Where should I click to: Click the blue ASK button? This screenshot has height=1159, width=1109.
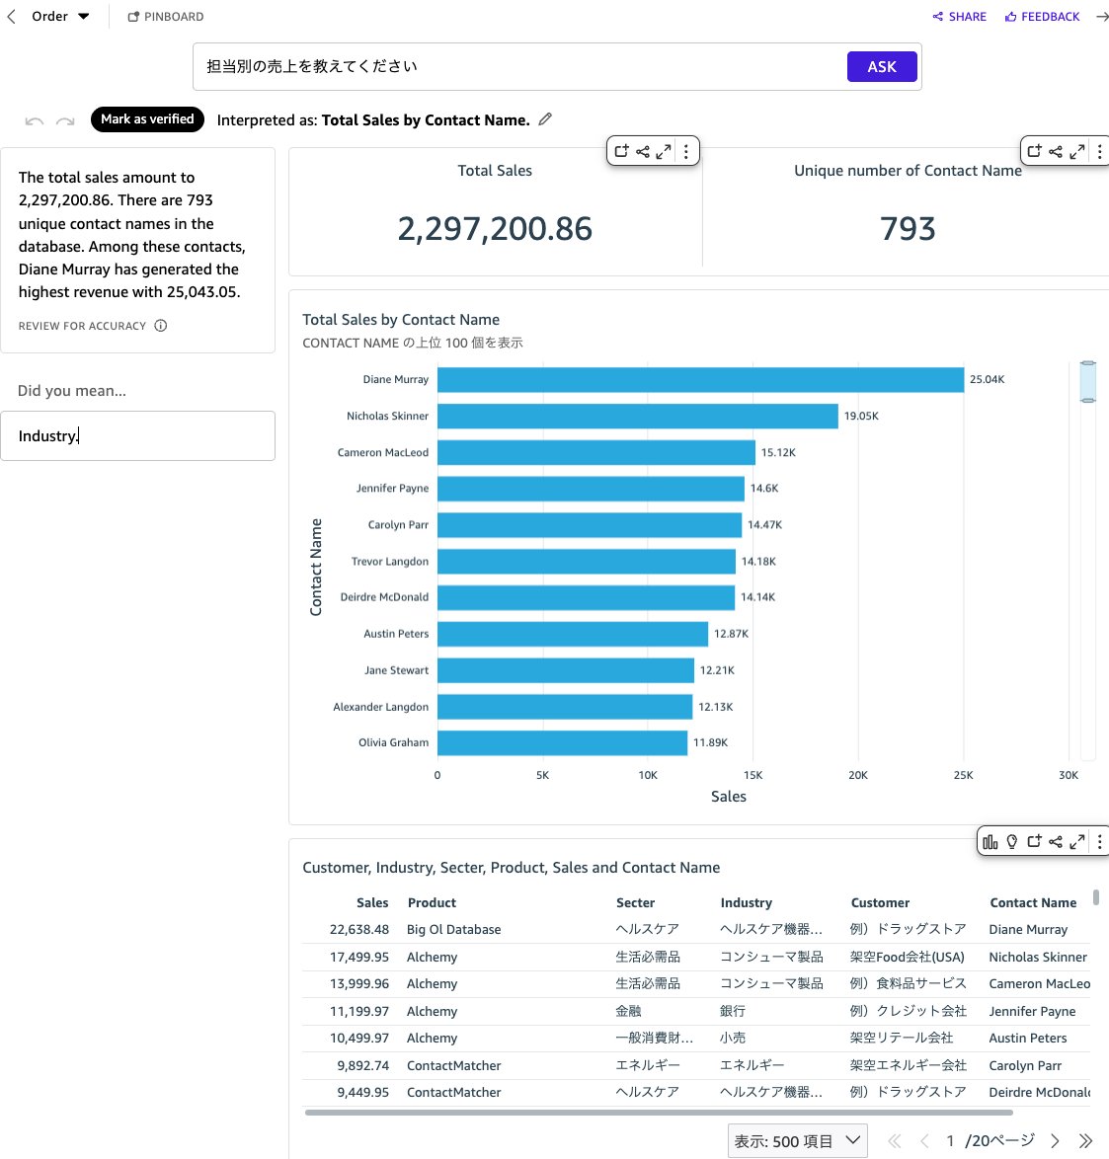click(x=882, y=67)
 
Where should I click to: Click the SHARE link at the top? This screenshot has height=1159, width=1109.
click(x=960, y=17)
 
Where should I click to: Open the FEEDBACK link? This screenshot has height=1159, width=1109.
click(x=1043, y=17)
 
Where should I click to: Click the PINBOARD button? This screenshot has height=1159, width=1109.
click(x=166, y=17)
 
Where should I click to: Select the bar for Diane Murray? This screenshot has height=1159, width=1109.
click(x=700, y=380)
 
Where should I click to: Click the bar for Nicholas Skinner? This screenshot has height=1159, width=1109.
click(x=637, y=417)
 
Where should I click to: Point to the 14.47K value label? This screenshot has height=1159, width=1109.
click(x=764, y=525)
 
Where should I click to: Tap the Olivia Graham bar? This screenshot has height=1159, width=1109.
click(x=562, y=743)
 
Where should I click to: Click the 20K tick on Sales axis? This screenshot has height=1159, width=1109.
click(x=858, y=776)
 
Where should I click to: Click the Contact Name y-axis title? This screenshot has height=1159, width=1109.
click(x=316, y=567)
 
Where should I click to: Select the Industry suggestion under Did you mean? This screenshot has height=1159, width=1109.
click(x=137, y=436)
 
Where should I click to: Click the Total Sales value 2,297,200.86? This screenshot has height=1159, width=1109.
click(x=495, y=229)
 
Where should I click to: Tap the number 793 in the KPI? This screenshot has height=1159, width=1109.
click(x=907, y=229)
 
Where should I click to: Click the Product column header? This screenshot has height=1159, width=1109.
click(x=432, y=903)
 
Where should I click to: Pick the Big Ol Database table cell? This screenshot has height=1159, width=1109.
click(x=453, y=930)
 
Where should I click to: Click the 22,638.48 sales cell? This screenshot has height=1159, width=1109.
click(x=359, y=930)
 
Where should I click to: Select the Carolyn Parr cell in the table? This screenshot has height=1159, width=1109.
click(x=1025, y=1066)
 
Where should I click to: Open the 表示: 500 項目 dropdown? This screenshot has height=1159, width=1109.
click(x=797, y=1141)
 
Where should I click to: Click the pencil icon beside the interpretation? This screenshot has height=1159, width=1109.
click(x=545, y=119)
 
